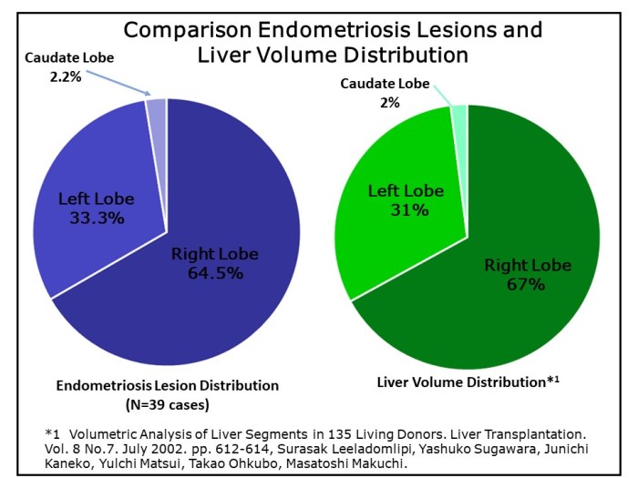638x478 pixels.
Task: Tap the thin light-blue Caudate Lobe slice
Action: pyautogui.click(x=157, y=108)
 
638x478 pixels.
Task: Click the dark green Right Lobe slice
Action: pyautogui.click(x=510, y=310)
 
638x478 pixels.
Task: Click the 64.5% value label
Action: pyautogui.click(x=215, y=273)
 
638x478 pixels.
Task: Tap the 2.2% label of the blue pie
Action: pyautogui.click(x=66, y=76)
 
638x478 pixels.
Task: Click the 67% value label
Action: pyautogui.click(x=527, y=285)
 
